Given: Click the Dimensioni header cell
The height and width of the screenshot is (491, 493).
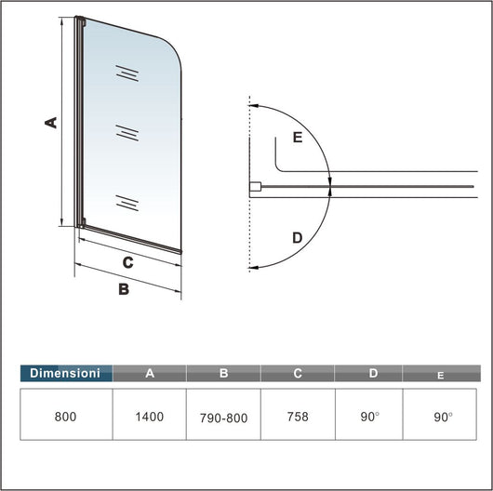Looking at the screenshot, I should coord(65,373).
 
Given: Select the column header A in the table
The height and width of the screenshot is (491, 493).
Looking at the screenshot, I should coord(150,373).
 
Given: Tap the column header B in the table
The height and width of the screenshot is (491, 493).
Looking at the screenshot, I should coord(223,373).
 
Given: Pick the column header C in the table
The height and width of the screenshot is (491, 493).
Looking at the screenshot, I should coord(298,373).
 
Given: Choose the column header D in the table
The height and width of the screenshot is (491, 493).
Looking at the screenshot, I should coord(373,373).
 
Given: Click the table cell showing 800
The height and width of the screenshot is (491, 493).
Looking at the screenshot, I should coord(65,417).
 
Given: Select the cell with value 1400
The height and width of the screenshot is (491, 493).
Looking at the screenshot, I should coord(150,417).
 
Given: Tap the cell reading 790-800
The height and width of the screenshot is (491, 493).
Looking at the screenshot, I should coord(223,418).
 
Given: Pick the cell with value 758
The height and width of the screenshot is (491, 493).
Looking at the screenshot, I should coord(298,417).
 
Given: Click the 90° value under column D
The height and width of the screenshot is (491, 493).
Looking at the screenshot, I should coord(371,417).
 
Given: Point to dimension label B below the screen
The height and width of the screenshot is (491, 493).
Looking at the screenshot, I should coord(122,289).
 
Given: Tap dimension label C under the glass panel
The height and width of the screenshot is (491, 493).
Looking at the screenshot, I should coord(127,262).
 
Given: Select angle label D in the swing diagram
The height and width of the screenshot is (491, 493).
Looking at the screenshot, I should coord(297,238).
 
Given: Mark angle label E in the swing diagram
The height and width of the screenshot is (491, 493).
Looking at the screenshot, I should coord(297,138).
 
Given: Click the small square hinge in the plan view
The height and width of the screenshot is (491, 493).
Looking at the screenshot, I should coord(254,188).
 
